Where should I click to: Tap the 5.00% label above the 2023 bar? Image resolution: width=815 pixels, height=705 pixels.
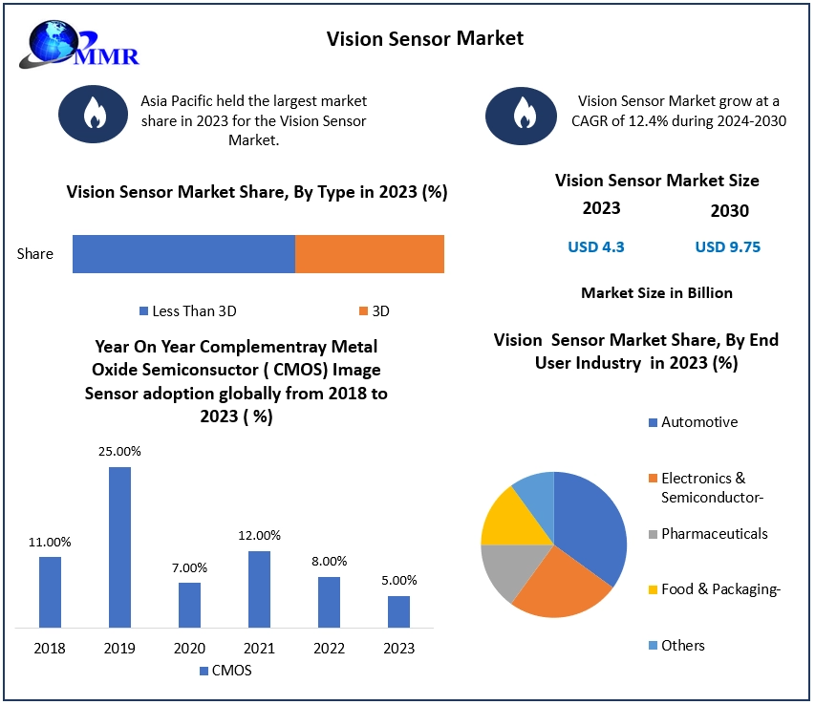pos(399,580)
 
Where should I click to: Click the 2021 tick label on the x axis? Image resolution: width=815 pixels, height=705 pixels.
pos(259,649)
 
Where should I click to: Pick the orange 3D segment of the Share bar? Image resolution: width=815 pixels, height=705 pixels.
pos(370,254)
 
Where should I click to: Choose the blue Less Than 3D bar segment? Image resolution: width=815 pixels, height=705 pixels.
pos(183,254)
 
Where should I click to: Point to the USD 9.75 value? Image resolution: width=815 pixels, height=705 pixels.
pos(728,246)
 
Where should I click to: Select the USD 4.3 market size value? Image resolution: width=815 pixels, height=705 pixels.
pos(596,246)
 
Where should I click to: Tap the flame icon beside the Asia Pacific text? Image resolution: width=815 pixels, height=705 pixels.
pos(95,114)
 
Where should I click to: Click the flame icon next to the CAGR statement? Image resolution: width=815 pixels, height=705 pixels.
pos(522,114)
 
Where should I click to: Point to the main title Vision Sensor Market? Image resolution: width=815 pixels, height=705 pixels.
pos(425,38)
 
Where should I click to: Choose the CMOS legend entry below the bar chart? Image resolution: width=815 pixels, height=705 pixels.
pos(225,671)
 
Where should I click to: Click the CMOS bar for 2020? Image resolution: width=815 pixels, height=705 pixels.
pos(189,605)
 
